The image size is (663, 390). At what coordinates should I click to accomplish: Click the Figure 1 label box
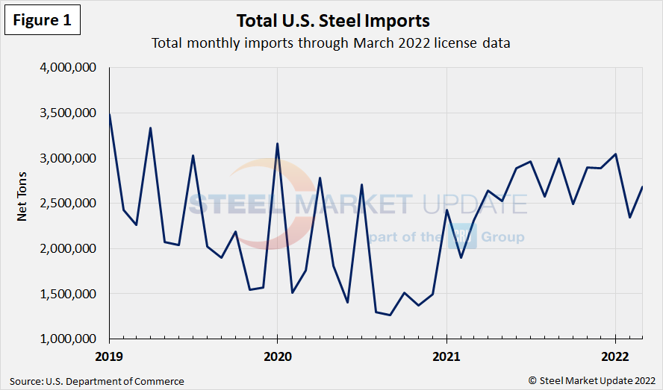[42, 21]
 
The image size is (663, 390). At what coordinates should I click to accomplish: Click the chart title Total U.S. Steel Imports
[333, 20]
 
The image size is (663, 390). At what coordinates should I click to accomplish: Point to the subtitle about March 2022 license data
[331, 43]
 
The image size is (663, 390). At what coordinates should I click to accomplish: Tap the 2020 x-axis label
[277, 357]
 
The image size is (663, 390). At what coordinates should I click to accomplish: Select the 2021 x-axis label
[446, 357]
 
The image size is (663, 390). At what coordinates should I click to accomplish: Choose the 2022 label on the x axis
[615, 357]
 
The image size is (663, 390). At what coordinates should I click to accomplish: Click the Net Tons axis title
[22, 202]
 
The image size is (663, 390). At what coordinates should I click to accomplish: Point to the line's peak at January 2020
[277, 144]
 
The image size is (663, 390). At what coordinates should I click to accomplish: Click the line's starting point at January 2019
[109, 114]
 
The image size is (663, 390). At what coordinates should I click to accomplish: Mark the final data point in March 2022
[643, 187]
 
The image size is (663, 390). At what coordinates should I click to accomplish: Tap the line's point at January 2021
[446, 210]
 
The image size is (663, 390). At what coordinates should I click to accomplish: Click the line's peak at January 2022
[615, 154]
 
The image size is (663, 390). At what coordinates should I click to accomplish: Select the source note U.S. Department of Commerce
[96, 381]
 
